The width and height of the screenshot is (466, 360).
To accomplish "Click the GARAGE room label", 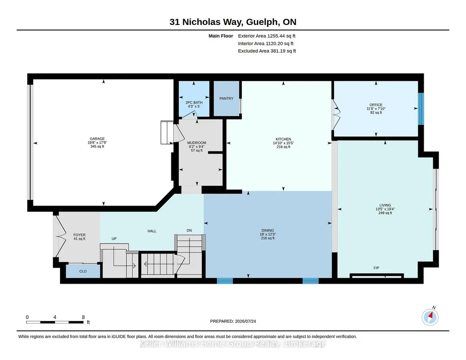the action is tap(97, 139).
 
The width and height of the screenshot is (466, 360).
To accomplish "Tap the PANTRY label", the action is tap(226, 98).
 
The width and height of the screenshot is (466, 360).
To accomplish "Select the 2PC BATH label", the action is tap(194, 102).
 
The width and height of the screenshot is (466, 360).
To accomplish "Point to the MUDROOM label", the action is tap(197, 143).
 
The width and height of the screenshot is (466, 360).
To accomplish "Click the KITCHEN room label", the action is tap(284, 139).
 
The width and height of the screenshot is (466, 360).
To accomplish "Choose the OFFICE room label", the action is tap(376, 105).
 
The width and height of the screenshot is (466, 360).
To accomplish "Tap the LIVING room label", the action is tap(385, 205).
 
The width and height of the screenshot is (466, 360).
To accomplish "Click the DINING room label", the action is tap(268, 230).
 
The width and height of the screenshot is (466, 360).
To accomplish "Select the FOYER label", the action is tap(80, 235).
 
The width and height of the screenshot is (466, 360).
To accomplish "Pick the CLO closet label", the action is tap(83, 271).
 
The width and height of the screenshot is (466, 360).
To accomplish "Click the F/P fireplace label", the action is tap(376, 268).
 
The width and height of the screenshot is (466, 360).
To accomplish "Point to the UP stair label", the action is tap(114, 239).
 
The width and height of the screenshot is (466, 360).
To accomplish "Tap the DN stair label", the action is tap(189, 230).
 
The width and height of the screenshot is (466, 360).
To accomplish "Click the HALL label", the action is tap(152, 231).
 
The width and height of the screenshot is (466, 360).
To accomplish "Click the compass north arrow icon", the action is tap(430, 317).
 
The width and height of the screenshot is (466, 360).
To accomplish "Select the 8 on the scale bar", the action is tap(83, 317).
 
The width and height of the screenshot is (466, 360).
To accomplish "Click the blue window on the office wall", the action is tap(421, 109).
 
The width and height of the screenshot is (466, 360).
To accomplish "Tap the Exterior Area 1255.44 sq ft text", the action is tap(266, 36).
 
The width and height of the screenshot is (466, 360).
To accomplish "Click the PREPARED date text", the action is tap(233, 321).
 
